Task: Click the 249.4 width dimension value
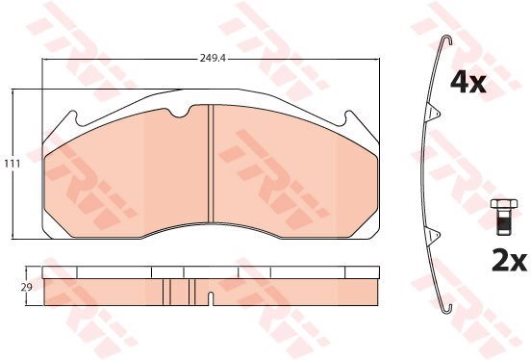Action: (x=213, y=59)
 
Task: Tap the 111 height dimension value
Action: (x=13, y=164)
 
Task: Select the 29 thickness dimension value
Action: (x=26, y=288)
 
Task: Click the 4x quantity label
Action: (x=468, y=83)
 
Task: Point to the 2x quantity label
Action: (x=509, y=261)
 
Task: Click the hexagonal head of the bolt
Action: (x=504, y=204)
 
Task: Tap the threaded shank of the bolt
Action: (x=504, y=221)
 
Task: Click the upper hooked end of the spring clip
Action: (x=447, y=39)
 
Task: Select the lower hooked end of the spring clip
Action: (x=447, y=309)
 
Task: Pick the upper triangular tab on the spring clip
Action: (x=434, y=112)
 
